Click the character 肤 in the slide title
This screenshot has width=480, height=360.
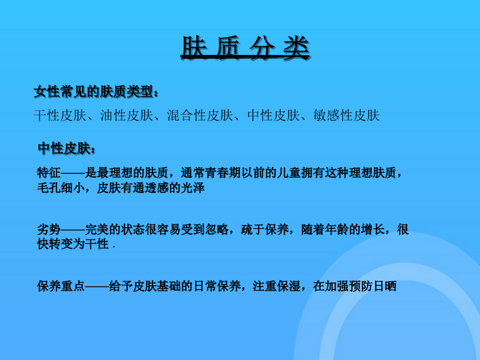[194, 47]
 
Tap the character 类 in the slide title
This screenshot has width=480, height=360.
[295, 47]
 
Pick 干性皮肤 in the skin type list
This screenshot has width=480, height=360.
[60, 115]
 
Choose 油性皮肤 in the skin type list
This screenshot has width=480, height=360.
[127, 115]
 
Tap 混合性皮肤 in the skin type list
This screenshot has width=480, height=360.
[200, 115]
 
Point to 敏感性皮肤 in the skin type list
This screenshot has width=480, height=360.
[346, 115]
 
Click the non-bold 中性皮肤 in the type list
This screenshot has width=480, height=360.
[274, 115]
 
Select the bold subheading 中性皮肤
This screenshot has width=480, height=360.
[65, 148]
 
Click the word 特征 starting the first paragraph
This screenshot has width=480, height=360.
[49, 173]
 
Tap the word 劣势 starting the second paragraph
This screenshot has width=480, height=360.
[49, 229]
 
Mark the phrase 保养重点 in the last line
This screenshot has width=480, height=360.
[61, 286]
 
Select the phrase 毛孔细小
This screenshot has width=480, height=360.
[61, 188]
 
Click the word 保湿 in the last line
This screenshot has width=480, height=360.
[289, 286]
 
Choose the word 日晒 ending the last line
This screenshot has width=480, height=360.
[385, 286]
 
